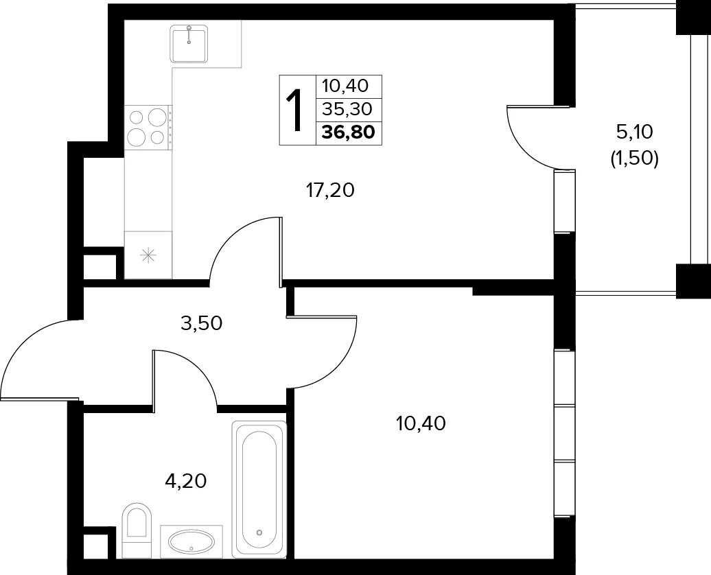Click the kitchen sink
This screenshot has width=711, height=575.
[189, 44]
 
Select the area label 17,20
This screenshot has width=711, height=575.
[330, 191]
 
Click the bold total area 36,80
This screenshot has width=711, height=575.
[349, 132]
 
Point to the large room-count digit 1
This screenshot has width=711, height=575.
[295, 110]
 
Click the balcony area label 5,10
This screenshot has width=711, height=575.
[634, 132]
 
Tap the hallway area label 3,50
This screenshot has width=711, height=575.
[201, 324]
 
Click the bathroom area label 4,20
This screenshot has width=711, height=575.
[186, 481]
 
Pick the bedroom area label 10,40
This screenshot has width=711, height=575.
[421, 423]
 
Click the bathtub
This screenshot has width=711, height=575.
[259, 489]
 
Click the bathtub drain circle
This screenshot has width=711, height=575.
[259, 532]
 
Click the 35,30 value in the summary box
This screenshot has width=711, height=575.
[347, 109]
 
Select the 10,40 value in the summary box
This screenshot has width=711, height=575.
[345, 85]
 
